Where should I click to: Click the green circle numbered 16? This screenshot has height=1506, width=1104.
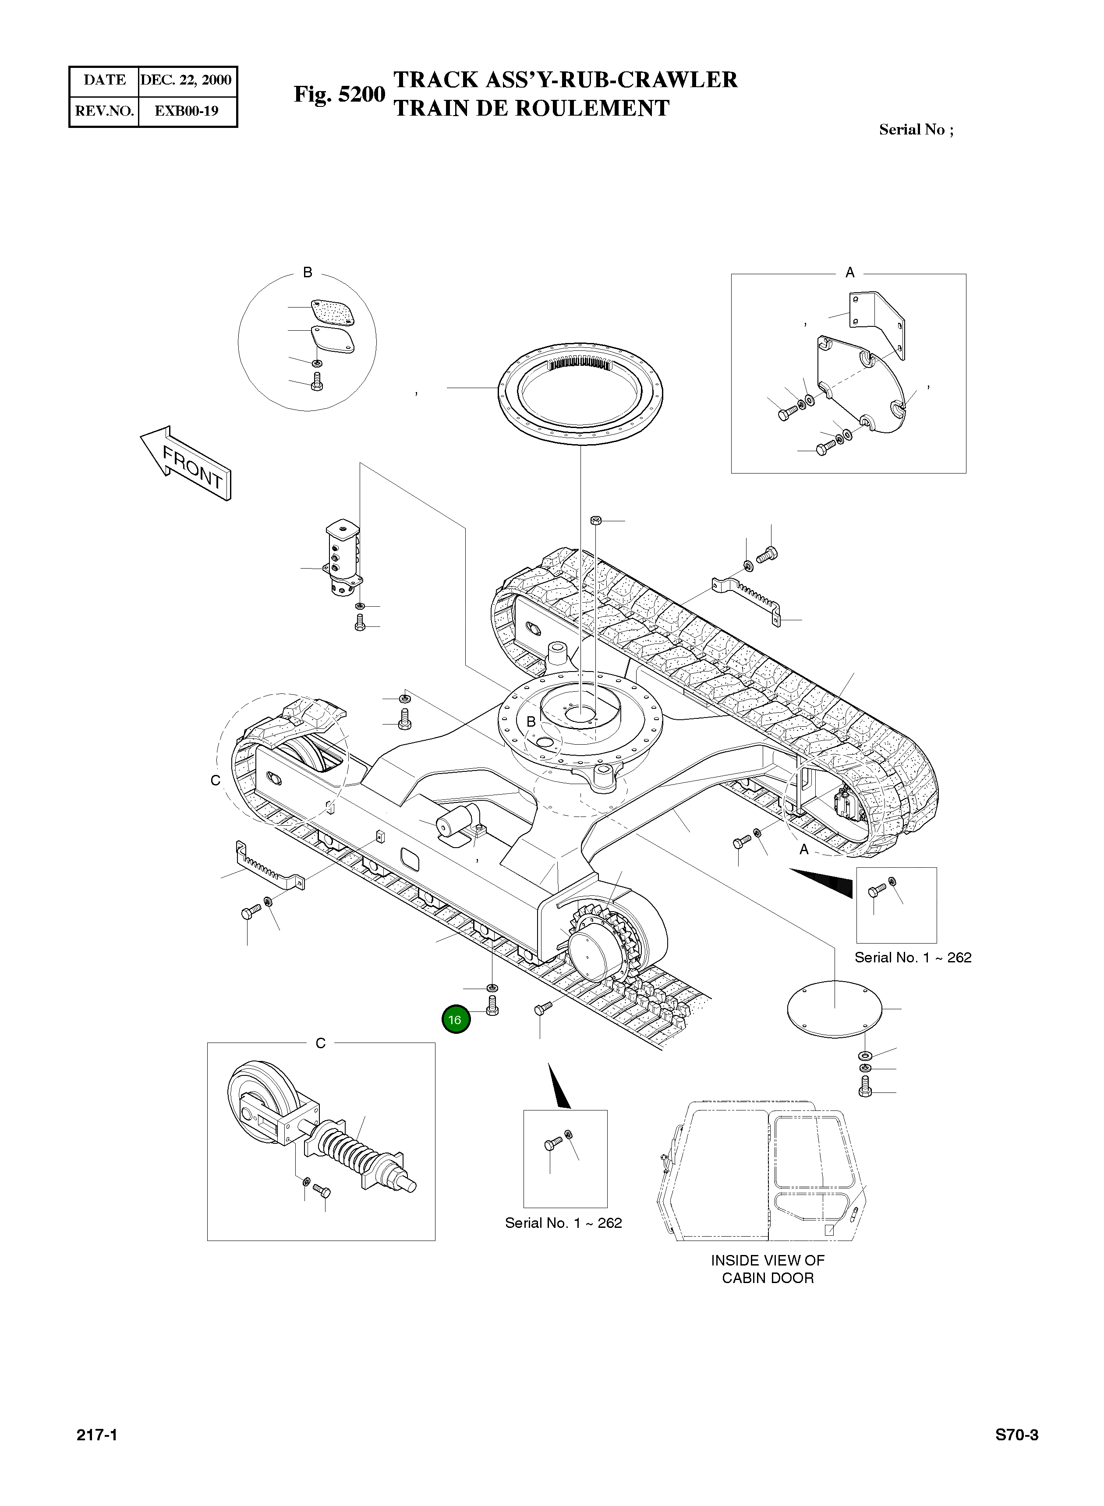(x=456, y=1020)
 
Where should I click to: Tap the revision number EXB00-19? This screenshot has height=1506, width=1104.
(x=187, y=111)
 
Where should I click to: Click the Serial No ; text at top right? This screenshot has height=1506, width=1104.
(x=916, y=130)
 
